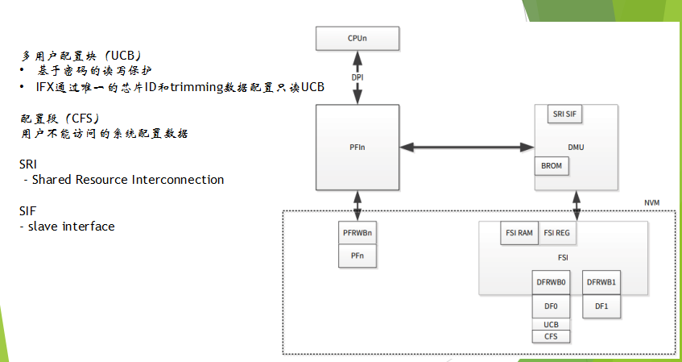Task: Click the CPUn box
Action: point(357,37)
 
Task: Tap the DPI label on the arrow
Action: point(357,77)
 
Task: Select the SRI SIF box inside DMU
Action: point(564,114)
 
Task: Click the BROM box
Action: point(552,166)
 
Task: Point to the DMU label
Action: point(576,147)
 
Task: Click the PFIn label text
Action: point(357,148)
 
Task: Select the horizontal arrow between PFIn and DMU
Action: point(467,148)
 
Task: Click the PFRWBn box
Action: point(357,234)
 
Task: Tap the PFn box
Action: point(357,256)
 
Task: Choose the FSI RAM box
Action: point(519,233)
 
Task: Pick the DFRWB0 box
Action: point(552,283)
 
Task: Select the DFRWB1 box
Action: point(601,283)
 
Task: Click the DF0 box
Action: point(552,307)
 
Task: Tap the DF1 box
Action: point(601,307)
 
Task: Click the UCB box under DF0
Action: point(552,325)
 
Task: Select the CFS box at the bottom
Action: point(552,336)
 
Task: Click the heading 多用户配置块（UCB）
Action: point(81,56)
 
